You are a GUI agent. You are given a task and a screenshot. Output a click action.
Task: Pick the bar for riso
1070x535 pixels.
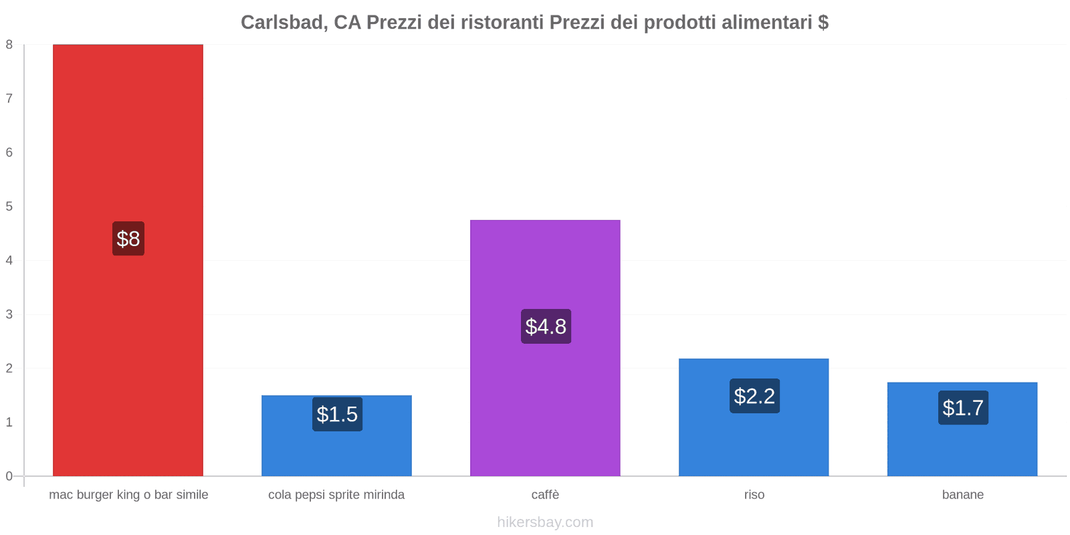(754, 441)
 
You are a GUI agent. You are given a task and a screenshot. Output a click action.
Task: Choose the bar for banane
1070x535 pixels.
(962, 448)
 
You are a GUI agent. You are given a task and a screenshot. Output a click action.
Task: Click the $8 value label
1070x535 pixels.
(128, 239)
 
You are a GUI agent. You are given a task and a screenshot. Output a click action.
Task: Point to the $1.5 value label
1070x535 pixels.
(337, 415)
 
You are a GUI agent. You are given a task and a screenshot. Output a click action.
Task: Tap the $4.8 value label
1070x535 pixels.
(546, 326)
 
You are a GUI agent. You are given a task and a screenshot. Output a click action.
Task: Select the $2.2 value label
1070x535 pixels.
(754, 396)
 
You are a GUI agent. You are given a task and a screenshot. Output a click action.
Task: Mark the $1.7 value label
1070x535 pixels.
(963, 408)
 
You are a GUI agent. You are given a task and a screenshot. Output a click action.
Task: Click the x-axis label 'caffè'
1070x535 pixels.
(545, 495)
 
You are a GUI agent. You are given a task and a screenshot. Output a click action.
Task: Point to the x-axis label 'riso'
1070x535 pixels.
(754, 495)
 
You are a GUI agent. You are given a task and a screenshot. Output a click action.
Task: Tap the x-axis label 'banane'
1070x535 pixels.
(962, 495)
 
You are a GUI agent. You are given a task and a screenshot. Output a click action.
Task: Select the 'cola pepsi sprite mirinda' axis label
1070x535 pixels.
(336, 495)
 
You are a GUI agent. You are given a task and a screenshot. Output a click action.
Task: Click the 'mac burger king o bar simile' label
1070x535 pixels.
(128, 495)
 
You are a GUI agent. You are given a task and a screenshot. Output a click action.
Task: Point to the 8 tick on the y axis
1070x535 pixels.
(9, 45)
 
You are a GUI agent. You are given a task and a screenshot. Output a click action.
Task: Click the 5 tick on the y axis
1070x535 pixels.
(9, 207)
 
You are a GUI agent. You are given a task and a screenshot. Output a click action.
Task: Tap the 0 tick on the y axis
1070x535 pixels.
(9, 476)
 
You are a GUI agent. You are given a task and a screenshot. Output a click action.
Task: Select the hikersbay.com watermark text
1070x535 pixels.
(545, 522)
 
